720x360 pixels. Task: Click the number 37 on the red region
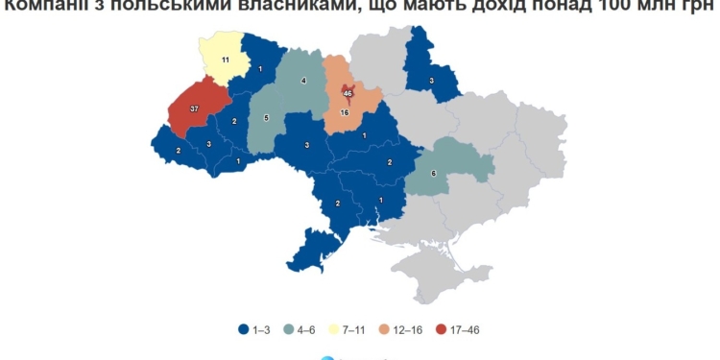194,109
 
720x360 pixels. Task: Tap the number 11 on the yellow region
225,60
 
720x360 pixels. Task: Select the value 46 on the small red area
348,93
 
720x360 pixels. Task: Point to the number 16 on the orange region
345,113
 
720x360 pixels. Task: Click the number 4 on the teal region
304,82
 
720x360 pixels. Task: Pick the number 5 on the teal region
266,119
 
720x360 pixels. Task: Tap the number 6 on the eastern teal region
434,173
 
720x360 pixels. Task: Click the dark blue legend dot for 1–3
244,329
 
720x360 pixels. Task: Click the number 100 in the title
628,9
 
